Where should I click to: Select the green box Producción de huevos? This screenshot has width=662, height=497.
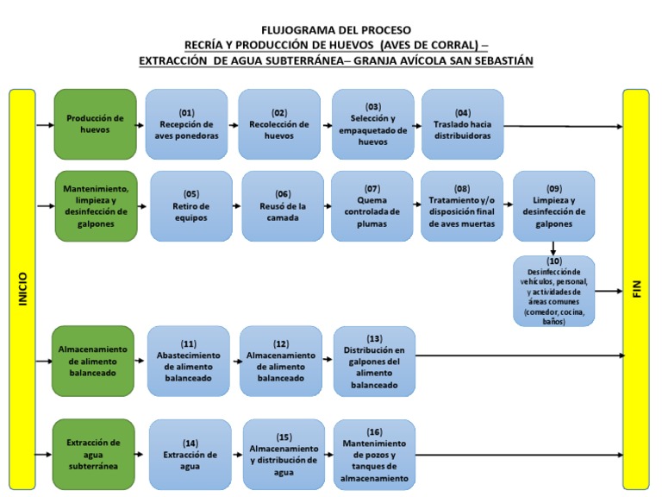96,124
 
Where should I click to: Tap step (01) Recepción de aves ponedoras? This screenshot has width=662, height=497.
187,124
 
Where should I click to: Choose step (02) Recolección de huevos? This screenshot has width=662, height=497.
279,124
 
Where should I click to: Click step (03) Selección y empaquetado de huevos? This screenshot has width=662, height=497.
372,124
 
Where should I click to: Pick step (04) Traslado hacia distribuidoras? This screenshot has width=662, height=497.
462,124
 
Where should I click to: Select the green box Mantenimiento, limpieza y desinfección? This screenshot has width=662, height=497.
96,205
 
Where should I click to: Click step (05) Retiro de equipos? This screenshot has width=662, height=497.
191,205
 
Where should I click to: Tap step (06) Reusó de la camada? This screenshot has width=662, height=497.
283,205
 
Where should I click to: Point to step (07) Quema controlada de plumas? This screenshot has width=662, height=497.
372,205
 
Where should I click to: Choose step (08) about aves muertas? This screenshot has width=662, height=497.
462,205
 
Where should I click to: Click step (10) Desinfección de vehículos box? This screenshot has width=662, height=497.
553,291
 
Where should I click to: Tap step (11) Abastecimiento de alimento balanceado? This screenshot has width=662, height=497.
189,361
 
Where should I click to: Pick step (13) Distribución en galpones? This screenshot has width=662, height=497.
374,361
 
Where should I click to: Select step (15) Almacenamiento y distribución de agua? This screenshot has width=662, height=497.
284,454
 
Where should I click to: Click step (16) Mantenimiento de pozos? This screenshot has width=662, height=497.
374,454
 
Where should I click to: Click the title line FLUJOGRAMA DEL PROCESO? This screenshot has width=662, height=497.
336,29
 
